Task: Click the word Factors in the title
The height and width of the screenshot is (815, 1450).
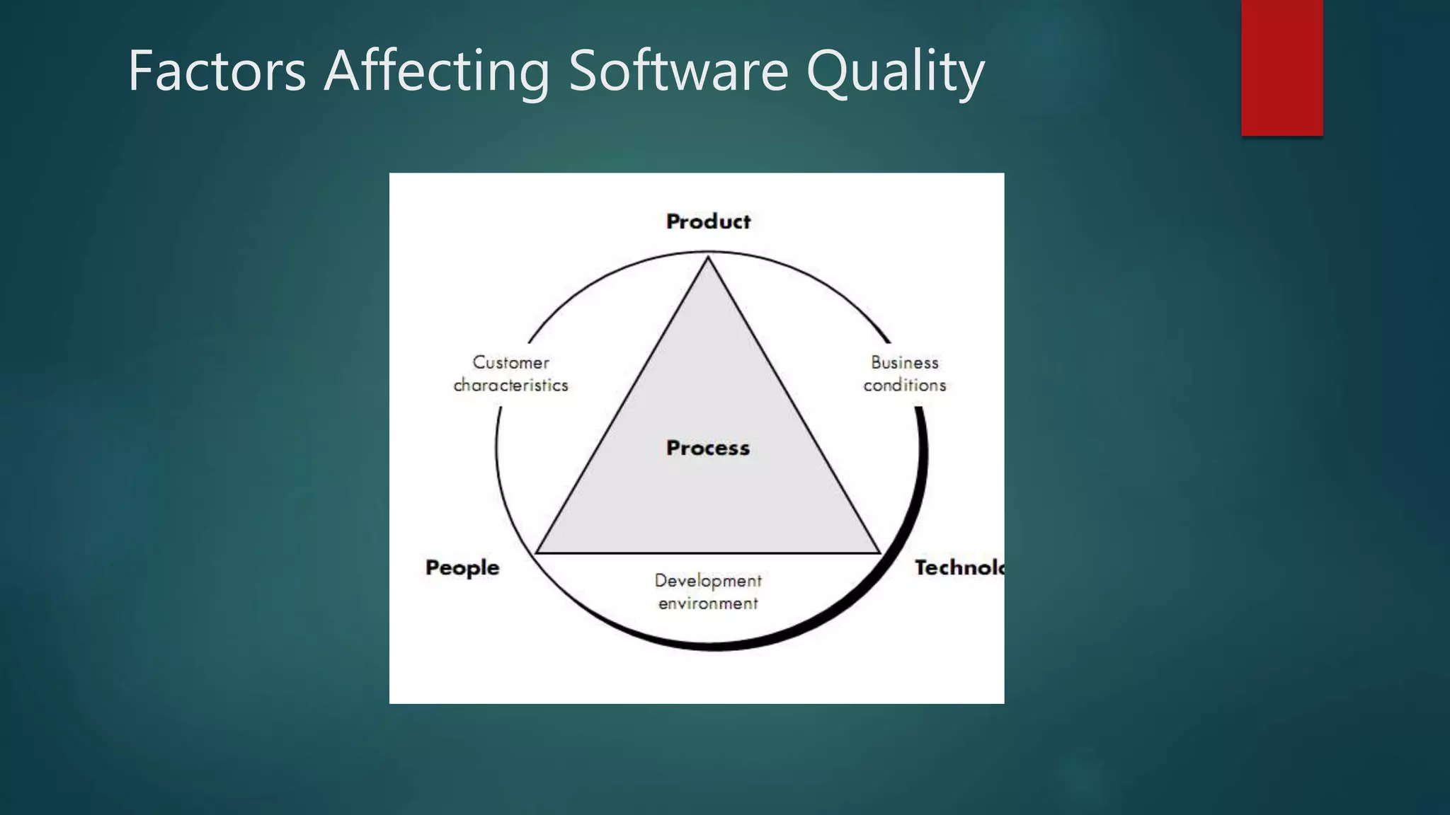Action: point(217,71)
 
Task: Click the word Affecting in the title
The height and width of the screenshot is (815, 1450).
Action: point(437,72)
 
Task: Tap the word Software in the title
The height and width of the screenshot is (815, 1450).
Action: point(678,71)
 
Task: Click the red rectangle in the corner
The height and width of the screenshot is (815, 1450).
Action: point(1281,67)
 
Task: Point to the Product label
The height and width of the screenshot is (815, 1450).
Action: point(708,221)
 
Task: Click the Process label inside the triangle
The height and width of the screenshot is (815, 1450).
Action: point(708,448)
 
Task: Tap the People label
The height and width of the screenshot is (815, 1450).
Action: point(462,568)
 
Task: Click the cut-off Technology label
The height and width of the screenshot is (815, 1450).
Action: point(959,567)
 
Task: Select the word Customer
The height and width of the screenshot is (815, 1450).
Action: point(510,362)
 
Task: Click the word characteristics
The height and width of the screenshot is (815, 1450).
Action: point(510,385)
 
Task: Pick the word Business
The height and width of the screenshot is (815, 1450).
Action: point(904,362)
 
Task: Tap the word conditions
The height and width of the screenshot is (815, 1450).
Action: point(904,385)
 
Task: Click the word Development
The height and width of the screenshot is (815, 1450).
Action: point(708,581)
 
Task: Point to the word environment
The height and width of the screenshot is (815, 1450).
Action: point(708,603)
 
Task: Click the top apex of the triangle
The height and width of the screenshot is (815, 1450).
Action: point(708,259)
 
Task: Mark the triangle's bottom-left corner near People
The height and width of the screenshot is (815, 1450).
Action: point(537,552)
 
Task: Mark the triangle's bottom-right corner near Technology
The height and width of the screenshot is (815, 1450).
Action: point(879,552)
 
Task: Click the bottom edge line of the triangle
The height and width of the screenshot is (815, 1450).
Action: point(708,553)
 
